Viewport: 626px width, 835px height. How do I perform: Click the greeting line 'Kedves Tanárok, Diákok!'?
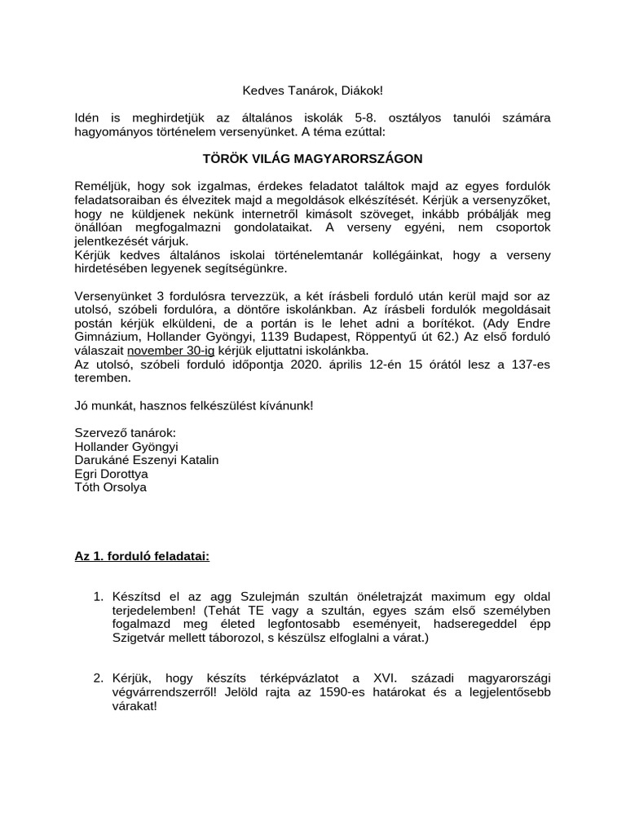point(313,89)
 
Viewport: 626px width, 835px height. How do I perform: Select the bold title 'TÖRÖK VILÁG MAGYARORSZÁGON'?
point(313,157)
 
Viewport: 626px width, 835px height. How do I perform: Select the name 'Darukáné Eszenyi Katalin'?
point(146,460)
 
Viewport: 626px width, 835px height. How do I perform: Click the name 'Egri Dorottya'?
point(111,474)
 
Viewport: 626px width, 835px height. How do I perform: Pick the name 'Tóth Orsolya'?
point(110,488)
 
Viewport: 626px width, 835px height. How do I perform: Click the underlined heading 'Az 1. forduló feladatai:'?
point(142,557)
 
